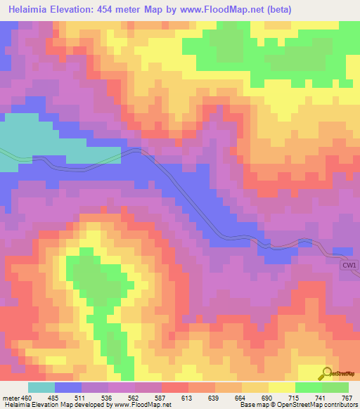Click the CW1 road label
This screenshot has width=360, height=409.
tap(349, 265)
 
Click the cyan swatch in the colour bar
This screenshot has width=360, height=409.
tap(41, 388)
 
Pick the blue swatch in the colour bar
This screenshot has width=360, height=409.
tap(68, 388)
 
